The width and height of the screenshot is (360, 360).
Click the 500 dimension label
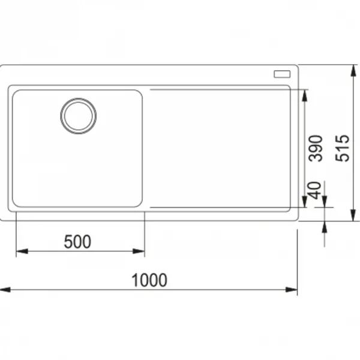pyautogui.click(x=77, y=242)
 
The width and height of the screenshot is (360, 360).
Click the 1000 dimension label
pyautogui.click(x=149, y=280)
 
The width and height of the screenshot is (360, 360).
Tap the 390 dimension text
pyautogui.click(x=316, y=148)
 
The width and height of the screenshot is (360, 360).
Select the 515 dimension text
pyautogui.click(x=343, y=148)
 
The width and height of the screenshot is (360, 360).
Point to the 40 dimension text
pyautogui.click(x=315, y=190)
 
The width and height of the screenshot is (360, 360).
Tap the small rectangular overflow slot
pyautogui.click(x=282, y=74)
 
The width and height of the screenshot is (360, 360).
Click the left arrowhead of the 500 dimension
pyautogui.click(x=22, y=251)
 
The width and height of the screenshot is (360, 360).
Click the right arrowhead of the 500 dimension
pyautogui.click(x=139, y=251)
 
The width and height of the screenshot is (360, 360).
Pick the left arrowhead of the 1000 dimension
pyautogui.click(x=5, y=290)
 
